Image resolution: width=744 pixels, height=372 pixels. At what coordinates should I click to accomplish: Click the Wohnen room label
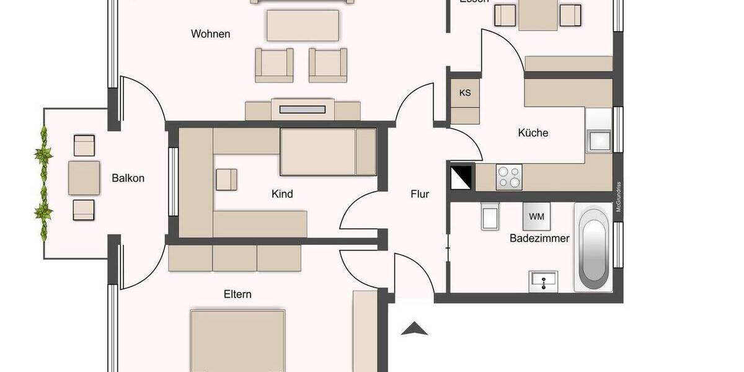pyautogui.click(x=210, y=33)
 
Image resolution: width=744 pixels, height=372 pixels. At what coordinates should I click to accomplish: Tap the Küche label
pyautogui.click(x=533, y=133)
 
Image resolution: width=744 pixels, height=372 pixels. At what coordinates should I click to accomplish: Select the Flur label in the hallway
pyautogui.click(x=420, y=194)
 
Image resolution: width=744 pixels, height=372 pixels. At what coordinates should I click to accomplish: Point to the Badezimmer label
pyautogui.click(x=539, y=238)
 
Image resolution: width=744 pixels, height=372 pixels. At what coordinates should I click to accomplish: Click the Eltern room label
pyautogui.click(x=237, y=294)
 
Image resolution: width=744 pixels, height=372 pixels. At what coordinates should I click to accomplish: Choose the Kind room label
pyautogui.click(x=282, y=194)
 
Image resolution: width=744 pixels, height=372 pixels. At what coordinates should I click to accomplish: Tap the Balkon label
pyautogui.click(x=128, y=179)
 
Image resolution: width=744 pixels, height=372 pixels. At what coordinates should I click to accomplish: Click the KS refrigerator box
pyautogui.click(x=465, y=94)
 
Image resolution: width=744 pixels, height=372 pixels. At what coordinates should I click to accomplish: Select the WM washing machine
pyautogui.click(x=536, y=217)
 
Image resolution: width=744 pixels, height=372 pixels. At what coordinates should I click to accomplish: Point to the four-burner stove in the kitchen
pyautogui.click(x=509, y=177)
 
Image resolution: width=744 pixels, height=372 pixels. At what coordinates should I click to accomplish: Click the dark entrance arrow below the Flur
pyautogui.click(x=415, y=329)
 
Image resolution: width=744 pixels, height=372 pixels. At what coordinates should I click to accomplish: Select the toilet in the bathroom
pyautogui.click(x=490, y=216)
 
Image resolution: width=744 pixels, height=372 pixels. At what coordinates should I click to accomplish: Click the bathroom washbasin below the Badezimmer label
pyautogui.click(x=544, y=281)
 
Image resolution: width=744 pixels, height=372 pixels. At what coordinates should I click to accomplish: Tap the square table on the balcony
pyautogui.click(x=84, y=178)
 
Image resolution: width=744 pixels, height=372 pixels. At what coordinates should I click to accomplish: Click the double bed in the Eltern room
pyautogui.click(x=237, y=341)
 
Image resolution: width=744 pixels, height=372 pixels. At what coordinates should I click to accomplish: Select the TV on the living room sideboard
pyautogui.click(x=303, y=110)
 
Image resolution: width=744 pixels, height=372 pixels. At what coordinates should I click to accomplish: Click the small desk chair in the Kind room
pyautogui.click(x=226, y=179)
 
